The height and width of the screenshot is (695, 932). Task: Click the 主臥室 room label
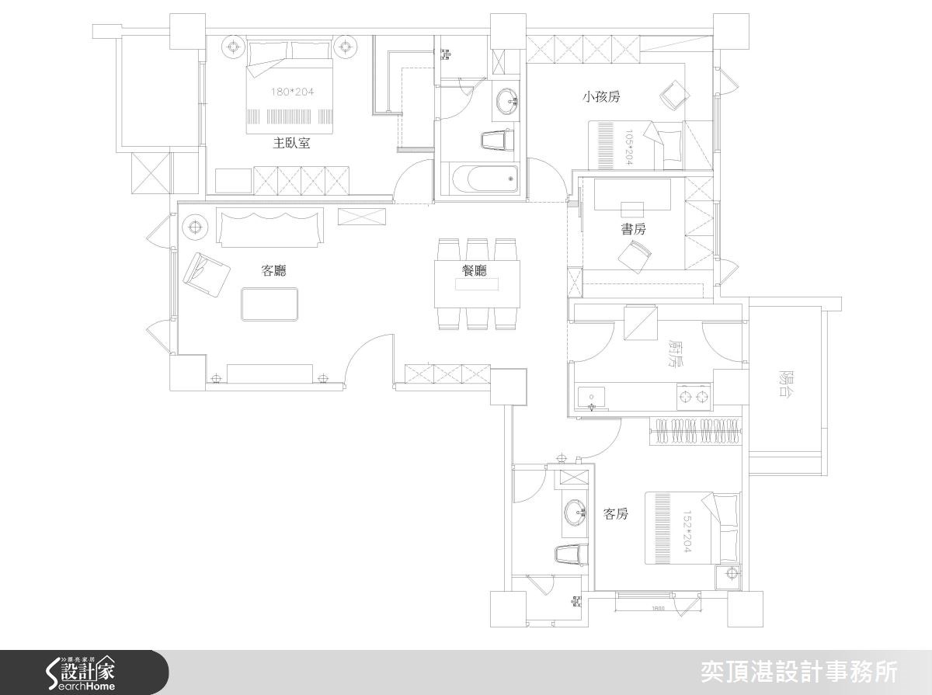point(291,143)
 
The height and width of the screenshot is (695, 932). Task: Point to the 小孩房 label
point(601,97)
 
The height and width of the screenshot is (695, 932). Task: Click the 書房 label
point(633,229)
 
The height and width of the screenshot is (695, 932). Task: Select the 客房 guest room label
point(615,514)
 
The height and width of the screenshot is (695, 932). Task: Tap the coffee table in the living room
point(270,304)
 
